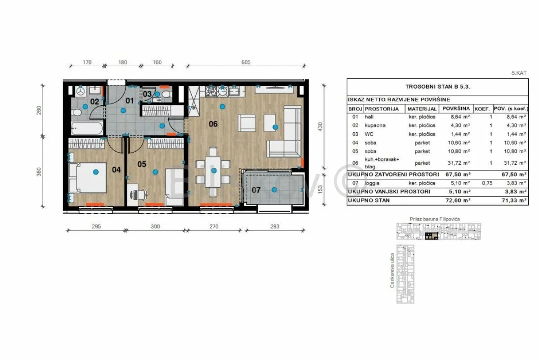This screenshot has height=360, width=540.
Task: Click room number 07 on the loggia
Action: tap(256, 190)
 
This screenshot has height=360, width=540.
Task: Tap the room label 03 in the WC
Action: tap(147, 94)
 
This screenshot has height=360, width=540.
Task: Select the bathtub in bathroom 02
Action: tap(87, 128)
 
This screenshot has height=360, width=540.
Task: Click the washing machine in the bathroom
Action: tap(80, 91)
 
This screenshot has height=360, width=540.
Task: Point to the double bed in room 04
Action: tap(87, 178)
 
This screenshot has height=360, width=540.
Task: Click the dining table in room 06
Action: tap(213, 172)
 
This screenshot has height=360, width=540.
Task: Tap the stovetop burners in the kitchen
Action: tap(211, 91)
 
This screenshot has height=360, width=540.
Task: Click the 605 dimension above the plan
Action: tap(246, 62)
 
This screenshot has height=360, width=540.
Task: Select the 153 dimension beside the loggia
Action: tap(320, 189)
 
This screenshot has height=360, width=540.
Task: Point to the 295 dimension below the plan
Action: tap(96, 226)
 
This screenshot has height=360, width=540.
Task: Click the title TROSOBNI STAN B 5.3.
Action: tap(437, 87)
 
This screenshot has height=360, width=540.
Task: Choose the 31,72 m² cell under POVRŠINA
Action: tap(459, 163)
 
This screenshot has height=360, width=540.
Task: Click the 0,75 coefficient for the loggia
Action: tap(487, 183)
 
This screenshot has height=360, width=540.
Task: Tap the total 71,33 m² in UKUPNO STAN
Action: tap(514, 200)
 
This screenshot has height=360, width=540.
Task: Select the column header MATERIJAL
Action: tap(422, 109)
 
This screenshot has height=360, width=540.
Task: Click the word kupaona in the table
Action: tap(375, 126)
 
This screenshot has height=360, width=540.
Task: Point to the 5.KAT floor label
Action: tap(519, 73)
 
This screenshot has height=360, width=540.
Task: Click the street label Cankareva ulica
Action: tap(392, 270)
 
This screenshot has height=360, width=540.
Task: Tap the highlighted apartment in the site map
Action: tap(432, 236)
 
